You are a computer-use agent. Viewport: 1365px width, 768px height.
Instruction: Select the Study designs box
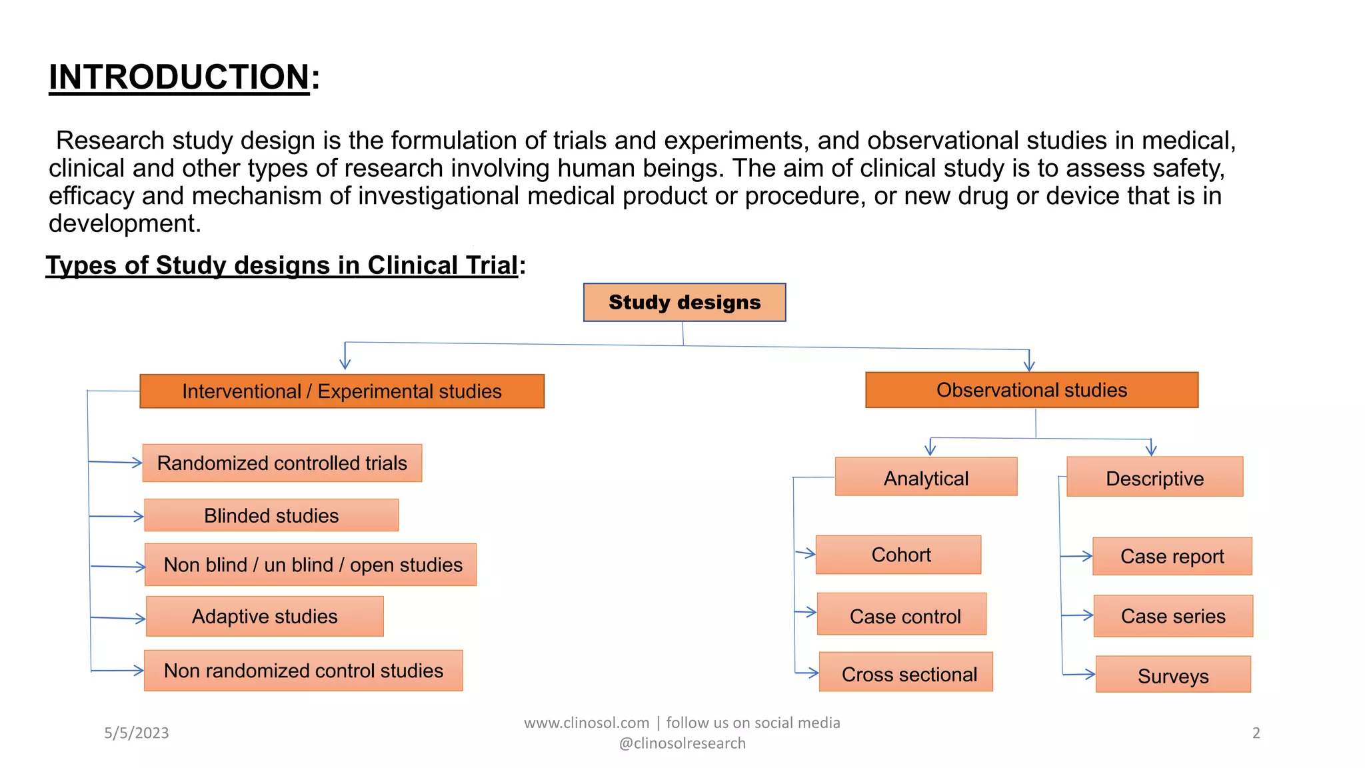point(684,303)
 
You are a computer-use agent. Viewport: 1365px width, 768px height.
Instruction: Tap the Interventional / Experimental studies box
point(342,391)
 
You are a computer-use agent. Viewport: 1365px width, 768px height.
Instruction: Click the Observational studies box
point(1031,390)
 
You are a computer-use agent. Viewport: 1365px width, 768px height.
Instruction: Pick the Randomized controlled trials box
point(282,463)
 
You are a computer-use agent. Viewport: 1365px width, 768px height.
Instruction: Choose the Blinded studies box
point(271,515)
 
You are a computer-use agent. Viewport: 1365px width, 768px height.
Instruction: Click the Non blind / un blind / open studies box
point(311,565)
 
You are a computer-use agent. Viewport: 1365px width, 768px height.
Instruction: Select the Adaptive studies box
point(265,616)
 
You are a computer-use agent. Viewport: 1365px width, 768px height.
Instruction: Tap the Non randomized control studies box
point(303,671)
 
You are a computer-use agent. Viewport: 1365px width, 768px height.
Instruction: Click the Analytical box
point(926,477)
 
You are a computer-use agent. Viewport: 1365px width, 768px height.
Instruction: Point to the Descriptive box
point(1154,477)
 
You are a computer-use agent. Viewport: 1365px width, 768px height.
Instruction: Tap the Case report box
point(1172,556)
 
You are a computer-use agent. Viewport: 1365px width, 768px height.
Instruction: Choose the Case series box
point(1172,616)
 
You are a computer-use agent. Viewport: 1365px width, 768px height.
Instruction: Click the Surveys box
point(1172,675)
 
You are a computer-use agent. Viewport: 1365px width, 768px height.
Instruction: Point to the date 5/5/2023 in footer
point(137,733)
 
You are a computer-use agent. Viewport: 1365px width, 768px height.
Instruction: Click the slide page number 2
point(1256,733)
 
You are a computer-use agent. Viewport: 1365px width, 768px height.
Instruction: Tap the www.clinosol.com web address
point(587,723)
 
